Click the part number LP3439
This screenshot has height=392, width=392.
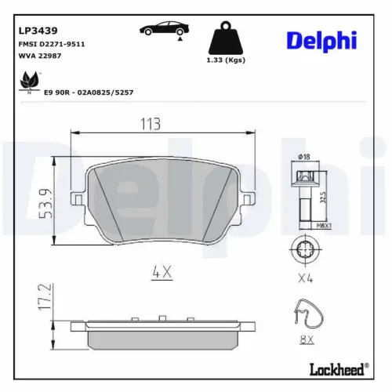coord(36,30)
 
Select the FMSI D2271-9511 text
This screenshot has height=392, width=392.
coord(51,44)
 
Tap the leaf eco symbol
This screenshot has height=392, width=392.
coord(29,80)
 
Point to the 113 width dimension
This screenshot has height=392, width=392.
coord(150,124)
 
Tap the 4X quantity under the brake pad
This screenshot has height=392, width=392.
coord(161,273)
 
